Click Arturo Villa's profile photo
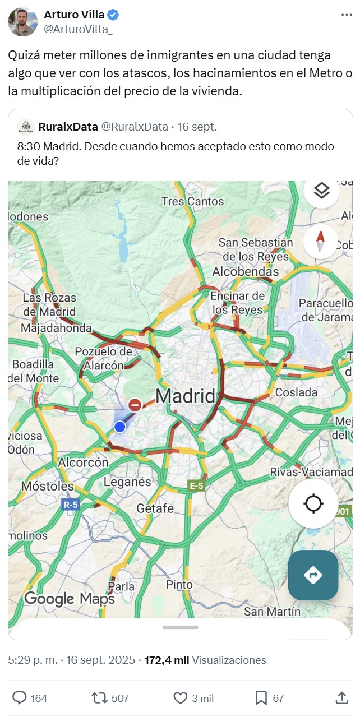tap(22, 22)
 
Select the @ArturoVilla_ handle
tap(78, 29)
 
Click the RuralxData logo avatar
tap(26, 127)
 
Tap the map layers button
tap(321, 191)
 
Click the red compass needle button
tap(321, 242)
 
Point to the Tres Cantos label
tap(192, 201)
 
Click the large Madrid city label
tap(185, 396)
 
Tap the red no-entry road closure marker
tap(135, 405)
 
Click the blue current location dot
tap(119, 427)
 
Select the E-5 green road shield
tap(196, 486)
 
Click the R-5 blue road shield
tap(71, 505)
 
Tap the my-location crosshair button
tap(313, 503)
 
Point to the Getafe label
tap(155, 508)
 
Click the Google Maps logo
tap(70, 599)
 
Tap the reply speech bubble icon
tap(20, 698)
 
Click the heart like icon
tap(180, 698)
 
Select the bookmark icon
tap(261, 698)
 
